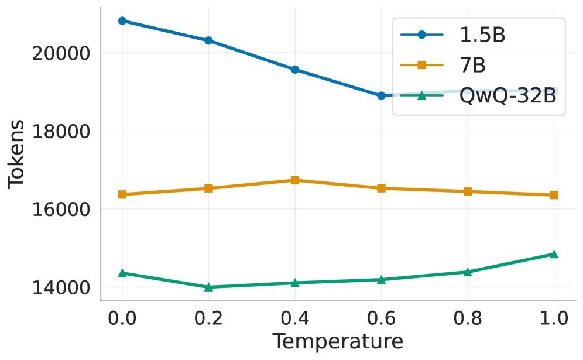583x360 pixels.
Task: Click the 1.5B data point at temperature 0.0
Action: [x=122, y=20]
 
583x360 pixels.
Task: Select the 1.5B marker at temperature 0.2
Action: [x=208, y=40]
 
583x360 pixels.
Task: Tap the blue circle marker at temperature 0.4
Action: [x=295, y=70]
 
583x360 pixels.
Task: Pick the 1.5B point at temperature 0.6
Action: [x=381, y=95]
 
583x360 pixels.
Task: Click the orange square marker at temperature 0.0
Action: [x=122, y=194]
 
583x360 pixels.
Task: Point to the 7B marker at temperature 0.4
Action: [x=295, y=180]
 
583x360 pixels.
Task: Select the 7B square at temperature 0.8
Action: [x=468, y=191]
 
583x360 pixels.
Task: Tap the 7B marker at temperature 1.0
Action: [x=554, y=195]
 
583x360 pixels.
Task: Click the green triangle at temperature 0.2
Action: [x=208, y=287]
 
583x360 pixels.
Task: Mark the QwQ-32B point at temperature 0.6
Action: [x=381, y=279]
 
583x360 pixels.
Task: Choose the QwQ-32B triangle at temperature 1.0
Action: [x=554, y=253]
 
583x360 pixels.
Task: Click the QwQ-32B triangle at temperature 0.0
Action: [x=122, y=273]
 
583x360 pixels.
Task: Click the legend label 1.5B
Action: [x=482, y=35]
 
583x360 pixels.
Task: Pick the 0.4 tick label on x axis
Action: [x=295, y=319]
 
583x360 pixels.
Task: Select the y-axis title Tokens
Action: [x=18, y=153]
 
